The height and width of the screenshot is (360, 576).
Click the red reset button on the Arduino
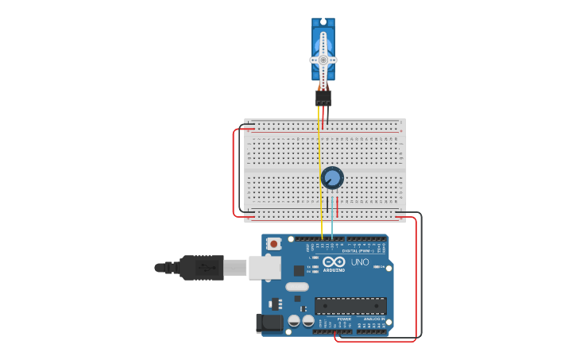pos(273,244)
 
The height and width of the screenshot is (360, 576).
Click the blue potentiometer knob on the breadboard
pos(332,178)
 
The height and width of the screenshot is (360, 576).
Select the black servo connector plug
pos(323,97)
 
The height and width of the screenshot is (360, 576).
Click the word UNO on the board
pos(360,262)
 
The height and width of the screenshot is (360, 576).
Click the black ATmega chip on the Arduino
pos(350,305)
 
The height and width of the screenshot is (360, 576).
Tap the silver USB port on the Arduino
pos(265,268)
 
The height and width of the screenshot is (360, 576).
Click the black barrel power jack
pos(269,322)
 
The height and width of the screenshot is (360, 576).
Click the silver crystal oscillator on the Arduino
pos(296,287)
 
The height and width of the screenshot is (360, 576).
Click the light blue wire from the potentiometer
pos(332,219)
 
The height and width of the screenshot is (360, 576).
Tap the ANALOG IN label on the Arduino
pos(373,319)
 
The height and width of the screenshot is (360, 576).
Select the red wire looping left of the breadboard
pos(234,171)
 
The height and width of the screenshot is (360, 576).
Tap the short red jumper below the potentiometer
pos(338,207)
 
